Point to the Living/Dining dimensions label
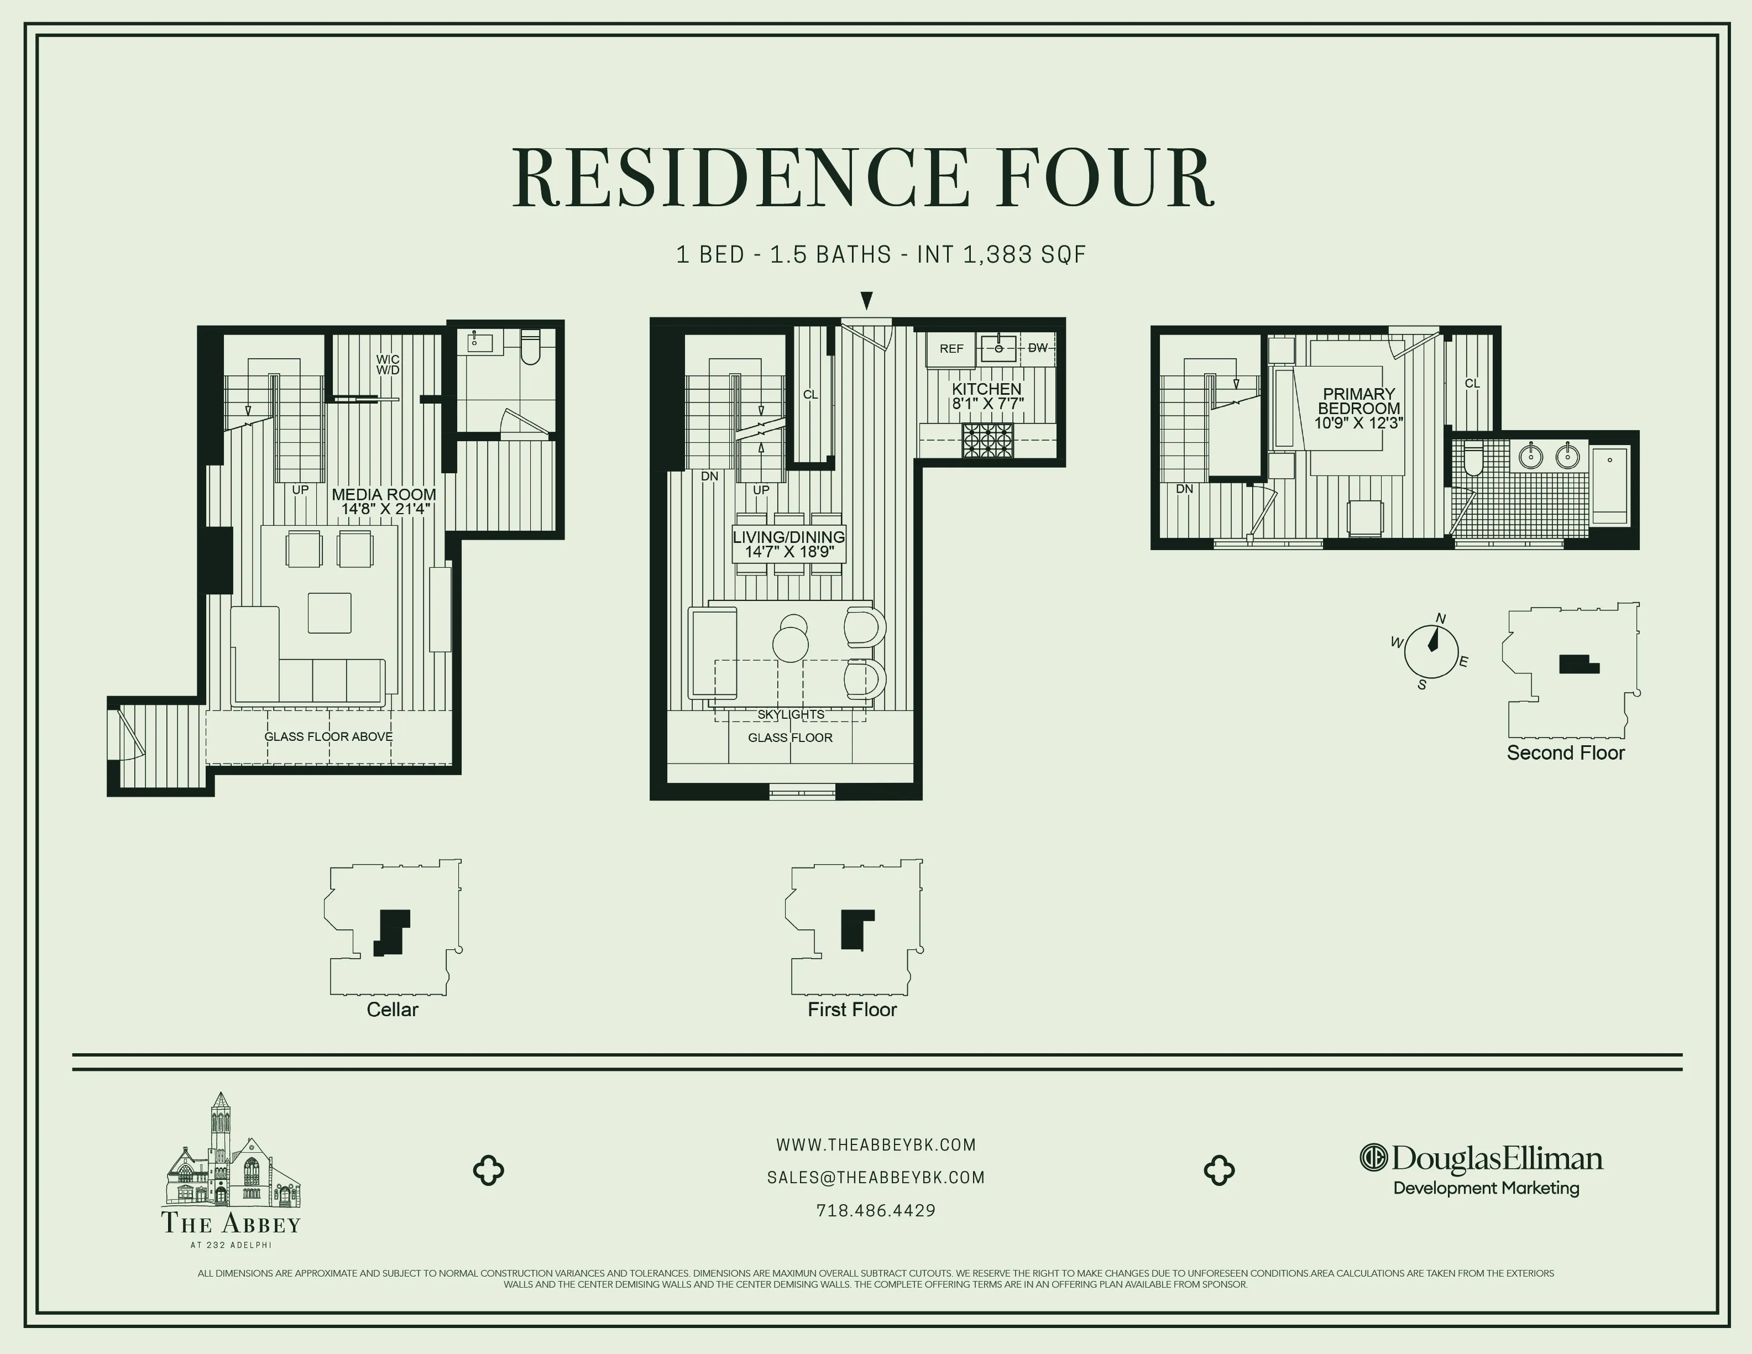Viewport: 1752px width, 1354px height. [x=789, y=552]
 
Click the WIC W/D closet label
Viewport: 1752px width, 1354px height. [x=388, y=365]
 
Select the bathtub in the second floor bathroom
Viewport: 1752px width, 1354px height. [x=1609, y=481]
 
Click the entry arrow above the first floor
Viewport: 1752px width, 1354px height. [x=866, y=301]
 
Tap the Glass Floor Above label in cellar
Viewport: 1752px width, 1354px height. [x=328, y=736]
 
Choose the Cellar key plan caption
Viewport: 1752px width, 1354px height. [x=393, y=1009]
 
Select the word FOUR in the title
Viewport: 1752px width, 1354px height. [x=1107, y=177]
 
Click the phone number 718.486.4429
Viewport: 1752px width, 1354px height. [x=876, y=1210]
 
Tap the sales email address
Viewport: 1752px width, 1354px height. [x=876, y=1178]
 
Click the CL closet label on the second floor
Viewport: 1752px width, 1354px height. [x=1472, y=383]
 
